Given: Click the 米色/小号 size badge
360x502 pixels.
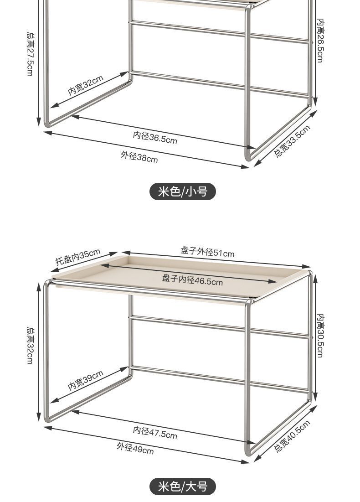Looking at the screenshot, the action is (x=182, y=191).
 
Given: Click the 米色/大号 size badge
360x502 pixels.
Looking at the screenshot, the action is (x=182, y=486).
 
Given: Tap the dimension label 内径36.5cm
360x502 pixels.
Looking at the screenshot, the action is (x=155, y=137).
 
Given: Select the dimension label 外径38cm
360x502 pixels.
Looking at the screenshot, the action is (x=139, y=157).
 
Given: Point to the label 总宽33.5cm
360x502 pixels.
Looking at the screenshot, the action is (x=292, y=141).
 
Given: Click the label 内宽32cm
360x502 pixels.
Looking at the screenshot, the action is (x=86, y=85).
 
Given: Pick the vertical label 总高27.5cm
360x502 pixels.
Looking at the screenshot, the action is (x=30, y=54).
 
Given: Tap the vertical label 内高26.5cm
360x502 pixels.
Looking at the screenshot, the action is (x=321, y=41).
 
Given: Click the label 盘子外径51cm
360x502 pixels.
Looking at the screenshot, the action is (x=207, y=252).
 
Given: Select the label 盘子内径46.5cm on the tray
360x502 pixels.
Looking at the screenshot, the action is (x=192, y=280).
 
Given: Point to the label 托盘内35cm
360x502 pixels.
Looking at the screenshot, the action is (x=78, y=257).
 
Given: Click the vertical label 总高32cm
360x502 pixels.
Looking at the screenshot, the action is (x=30, y=345).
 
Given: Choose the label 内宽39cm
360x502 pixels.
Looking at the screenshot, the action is (x=86, y=380).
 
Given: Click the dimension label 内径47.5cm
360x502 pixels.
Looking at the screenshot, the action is (x=155, y=432).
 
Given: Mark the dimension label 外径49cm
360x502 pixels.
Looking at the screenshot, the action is (x=135, y=448).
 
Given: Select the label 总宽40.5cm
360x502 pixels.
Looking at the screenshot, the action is (x=292, y=436).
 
